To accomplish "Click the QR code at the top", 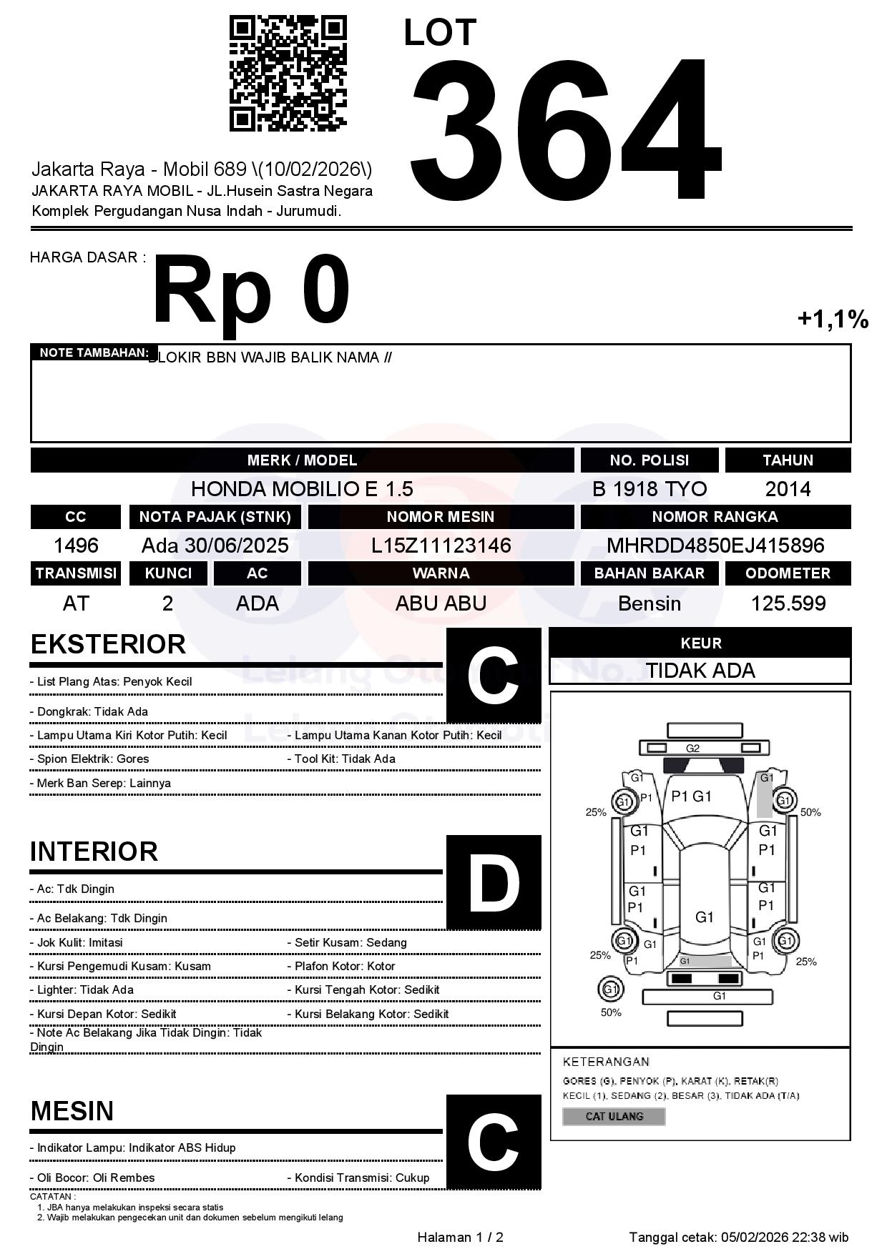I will (288, 74).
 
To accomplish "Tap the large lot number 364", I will (565, 127).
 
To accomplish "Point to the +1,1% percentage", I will (833, 319).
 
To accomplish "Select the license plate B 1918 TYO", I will (650, 489).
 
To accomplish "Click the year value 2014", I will (788, 489).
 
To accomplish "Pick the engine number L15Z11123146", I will (441, 546).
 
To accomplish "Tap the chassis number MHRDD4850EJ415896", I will (715, 546).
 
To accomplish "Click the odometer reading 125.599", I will (788, 603).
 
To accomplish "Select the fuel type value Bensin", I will (650, 603).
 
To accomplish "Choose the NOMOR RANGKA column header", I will (715, 517).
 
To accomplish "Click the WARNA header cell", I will (441, 573).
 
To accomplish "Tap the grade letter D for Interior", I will (494, 882).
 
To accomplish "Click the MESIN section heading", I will (72, 1111).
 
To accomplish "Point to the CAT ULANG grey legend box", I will (614, 1116).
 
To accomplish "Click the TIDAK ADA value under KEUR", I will (700, 671).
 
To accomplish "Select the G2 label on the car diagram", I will (692, 749).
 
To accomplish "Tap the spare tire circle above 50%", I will (610, 989).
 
